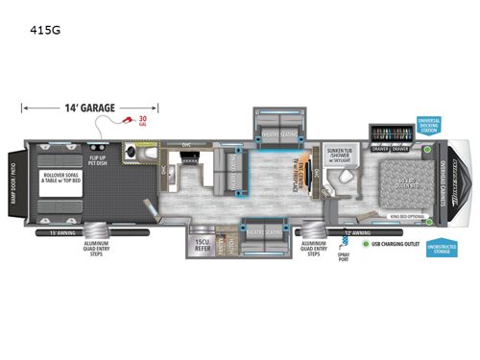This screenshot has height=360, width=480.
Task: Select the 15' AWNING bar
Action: (63, 231)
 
